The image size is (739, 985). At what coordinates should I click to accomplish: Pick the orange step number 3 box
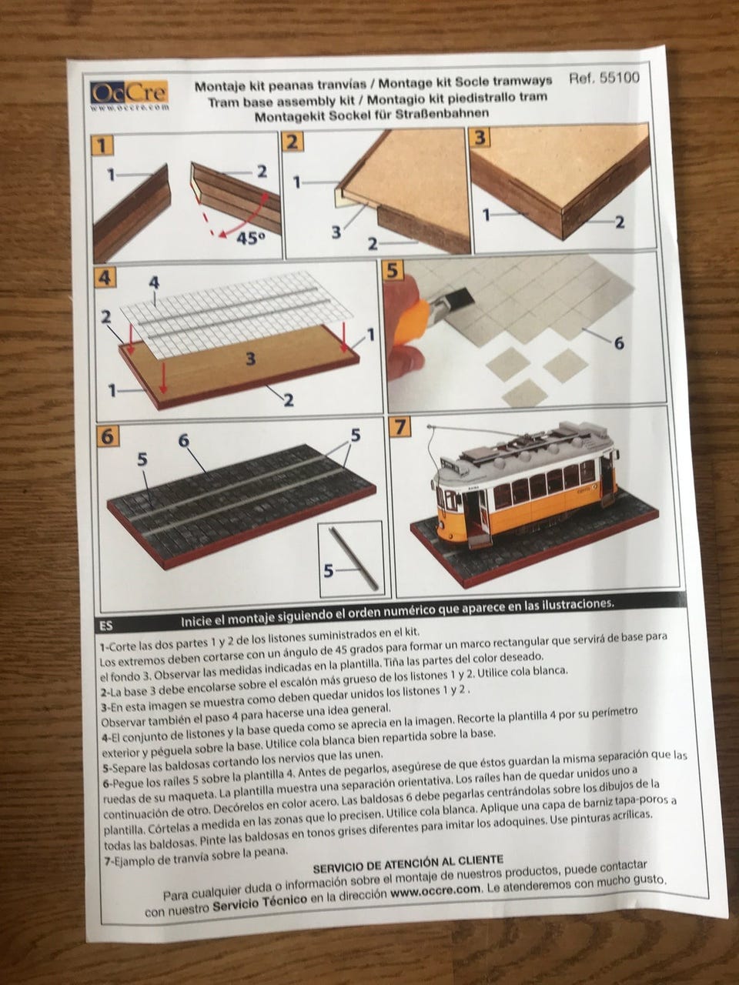tap(481, 139)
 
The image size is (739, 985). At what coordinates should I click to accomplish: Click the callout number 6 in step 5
tap(618, 343)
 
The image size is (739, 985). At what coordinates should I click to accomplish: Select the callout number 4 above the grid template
tap(154, 282)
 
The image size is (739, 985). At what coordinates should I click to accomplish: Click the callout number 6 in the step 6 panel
tap(183, 440)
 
